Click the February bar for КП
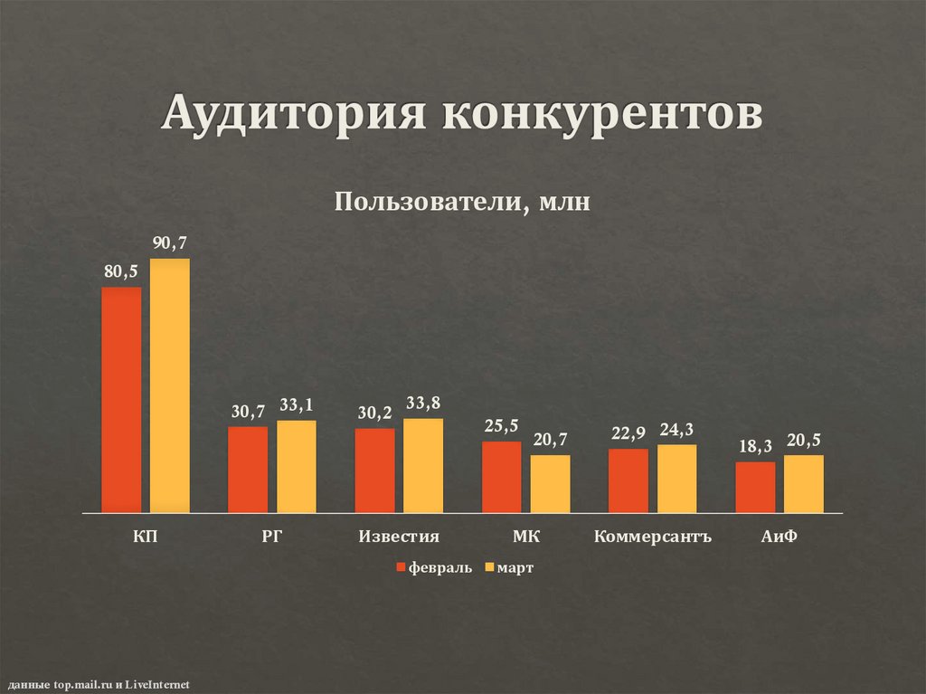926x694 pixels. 121,400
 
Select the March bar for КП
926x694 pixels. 170,386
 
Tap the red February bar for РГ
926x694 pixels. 248,470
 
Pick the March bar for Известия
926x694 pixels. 423,466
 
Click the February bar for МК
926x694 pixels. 501,477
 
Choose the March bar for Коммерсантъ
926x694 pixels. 677,479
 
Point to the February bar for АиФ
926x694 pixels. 755,488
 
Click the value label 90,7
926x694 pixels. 170,242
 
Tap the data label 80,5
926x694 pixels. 121,271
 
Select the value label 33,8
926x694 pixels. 423,403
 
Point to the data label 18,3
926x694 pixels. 755,446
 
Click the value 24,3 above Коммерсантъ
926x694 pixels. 677,429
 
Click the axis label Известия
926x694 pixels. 399,537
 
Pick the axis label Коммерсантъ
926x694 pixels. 653,537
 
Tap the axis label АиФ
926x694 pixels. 779,537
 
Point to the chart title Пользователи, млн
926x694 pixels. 462,201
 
